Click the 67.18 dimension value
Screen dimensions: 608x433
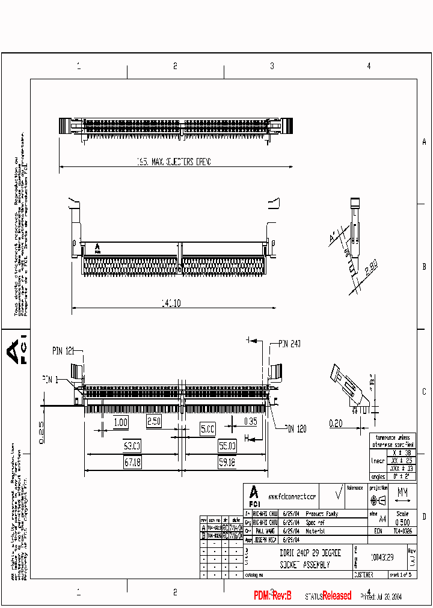tap(132, 463)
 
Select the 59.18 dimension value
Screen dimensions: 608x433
tap(227, 463)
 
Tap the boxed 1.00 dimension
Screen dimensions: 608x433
tap(120, 422)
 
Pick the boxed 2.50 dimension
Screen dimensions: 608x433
tap(154, 422)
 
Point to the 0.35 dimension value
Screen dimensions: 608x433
tap(250, 422)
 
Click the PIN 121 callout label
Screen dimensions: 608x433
tap(63, 350)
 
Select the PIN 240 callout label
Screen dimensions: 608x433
tap(289, 344)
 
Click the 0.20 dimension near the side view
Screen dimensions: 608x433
tap(336, 424)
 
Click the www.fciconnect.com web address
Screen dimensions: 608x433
tap(292, 497)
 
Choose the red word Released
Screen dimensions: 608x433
tap(337, 595)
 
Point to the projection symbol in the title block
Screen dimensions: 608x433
tap(378, 500)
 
